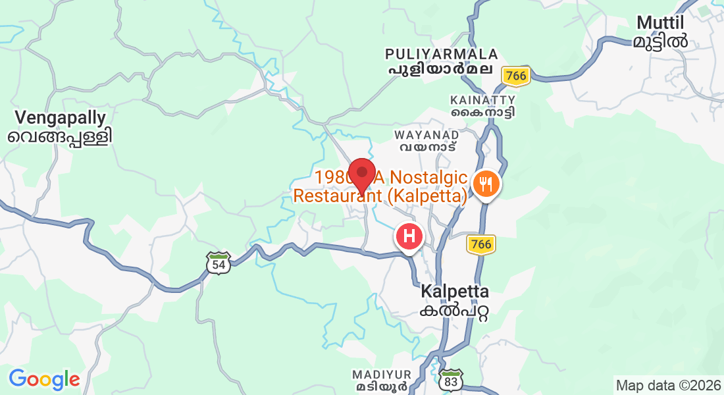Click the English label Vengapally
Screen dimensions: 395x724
61,118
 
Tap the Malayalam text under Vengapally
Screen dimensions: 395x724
61,137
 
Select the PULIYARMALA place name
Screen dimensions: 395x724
441,53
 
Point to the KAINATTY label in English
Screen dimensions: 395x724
482,99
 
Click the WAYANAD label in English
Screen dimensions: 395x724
426,134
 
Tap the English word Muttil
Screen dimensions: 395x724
662,23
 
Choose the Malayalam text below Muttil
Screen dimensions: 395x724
661,41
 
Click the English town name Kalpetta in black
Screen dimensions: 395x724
455,291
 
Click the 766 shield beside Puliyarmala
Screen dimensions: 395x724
515,76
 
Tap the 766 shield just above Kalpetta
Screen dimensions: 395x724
481,244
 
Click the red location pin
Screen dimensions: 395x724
361,173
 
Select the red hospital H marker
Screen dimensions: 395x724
409,236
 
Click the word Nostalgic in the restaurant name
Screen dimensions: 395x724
429,178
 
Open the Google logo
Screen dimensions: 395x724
44,379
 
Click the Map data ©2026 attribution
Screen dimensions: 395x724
667,385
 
